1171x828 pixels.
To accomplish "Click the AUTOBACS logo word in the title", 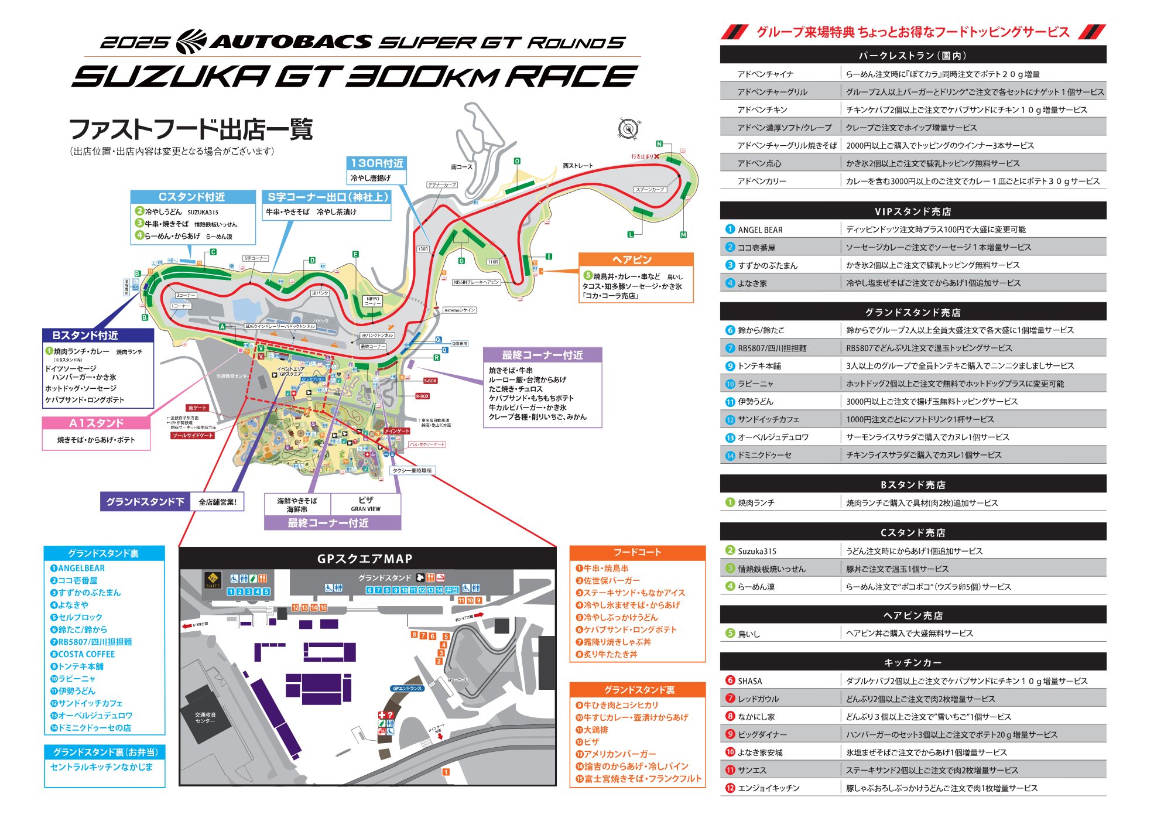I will coord(291,42).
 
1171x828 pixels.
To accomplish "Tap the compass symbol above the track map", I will coord(628,128).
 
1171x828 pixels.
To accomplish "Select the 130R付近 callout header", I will coord(377,163).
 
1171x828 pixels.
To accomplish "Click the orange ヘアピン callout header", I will coord(635,259).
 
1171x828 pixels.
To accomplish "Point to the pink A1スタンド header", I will coord(96,423).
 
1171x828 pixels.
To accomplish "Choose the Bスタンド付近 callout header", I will coord(85,335).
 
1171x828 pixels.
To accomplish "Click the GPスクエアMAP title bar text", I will coord(364,559).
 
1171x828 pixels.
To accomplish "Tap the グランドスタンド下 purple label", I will coord(145,502).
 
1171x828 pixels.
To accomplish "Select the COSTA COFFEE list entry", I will coord(86,654).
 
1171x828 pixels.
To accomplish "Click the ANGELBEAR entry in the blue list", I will coord(81,568).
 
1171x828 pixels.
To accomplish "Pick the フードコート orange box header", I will coord(637,552).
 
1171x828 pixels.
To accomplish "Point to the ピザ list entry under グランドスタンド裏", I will coord(591,742).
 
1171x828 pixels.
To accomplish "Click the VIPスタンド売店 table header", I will coord(912,211).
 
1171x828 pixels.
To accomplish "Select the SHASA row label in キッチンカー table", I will coord(749,681).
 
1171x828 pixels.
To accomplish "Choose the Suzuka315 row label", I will coord(756,551).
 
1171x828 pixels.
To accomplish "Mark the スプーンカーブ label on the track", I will coord(649,190).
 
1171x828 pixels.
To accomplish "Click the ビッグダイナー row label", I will coord(762,734).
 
